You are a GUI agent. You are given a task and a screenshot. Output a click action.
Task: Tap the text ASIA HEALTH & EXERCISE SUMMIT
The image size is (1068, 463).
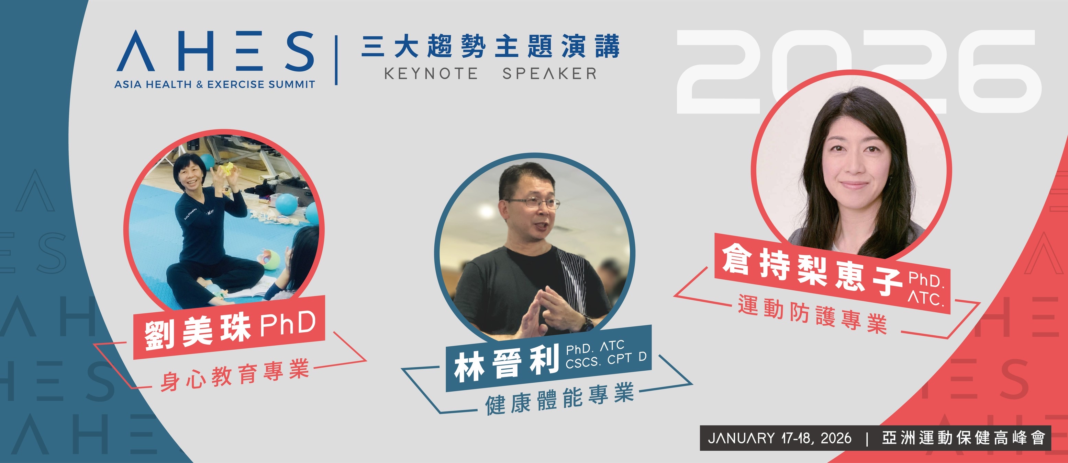[215, 84]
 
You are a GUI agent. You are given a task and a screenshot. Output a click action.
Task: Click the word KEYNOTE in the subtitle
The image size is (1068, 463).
[431, 74]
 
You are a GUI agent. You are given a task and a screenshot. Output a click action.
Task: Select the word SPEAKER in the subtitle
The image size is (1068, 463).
[549, 74]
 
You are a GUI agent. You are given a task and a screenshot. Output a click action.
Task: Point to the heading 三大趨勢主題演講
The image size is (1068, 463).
[490, 46]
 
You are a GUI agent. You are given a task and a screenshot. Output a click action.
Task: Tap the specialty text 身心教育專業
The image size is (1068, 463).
[235, 375]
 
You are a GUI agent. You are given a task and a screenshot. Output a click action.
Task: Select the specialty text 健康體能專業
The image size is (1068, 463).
[560, 398]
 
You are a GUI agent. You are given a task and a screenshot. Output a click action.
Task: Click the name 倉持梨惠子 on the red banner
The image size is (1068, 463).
[813, 269]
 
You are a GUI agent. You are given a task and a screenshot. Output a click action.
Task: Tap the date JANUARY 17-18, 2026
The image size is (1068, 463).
[779, 438]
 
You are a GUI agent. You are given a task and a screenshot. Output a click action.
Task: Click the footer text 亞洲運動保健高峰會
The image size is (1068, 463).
[964, 438]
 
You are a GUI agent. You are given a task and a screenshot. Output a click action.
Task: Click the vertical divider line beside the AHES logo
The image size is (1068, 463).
[336, 60]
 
